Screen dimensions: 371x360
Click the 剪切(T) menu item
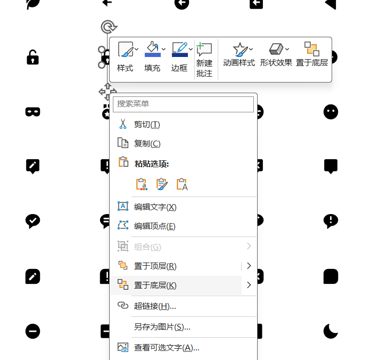147,125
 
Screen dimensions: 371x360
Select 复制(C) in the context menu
147,144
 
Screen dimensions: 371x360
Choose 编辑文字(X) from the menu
155,207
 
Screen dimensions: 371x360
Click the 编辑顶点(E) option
154,226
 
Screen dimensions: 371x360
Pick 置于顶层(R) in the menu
155,266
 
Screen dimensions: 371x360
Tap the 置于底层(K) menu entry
155,285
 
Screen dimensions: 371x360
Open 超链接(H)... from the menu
155,306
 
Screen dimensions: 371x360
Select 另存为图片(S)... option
162,327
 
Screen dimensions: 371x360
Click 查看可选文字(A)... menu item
167,348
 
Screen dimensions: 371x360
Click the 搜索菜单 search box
183,104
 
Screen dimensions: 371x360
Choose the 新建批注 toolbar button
204,60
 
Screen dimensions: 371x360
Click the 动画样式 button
238,56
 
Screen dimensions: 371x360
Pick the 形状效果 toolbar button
276,56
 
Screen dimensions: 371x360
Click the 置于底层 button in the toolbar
312,56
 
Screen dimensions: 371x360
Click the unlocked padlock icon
33,57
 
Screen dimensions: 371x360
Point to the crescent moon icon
331,331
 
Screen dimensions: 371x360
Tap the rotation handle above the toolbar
108,26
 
